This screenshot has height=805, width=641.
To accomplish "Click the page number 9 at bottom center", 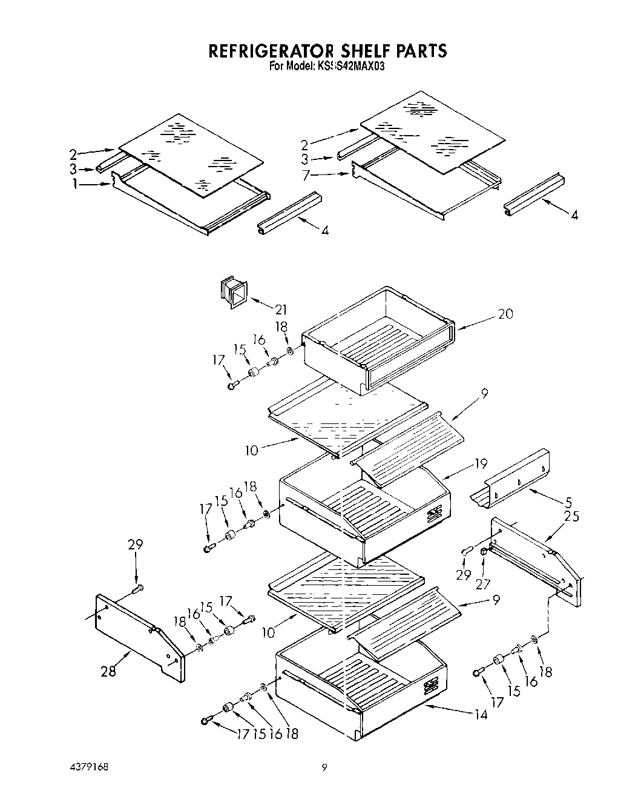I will tap(324, 767).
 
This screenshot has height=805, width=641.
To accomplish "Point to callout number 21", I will tap(280, 310).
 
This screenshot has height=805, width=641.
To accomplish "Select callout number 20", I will tap(505, 314).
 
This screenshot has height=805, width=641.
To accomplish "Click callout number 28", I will tap(108, 671).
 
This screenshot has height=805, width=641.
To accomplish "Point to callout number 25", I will tap(571, 516).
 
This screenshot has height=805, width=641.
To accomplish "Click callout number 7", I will tap(307, 175).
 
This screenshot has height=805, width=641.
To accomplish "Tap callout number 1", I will tap(75, 185).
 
